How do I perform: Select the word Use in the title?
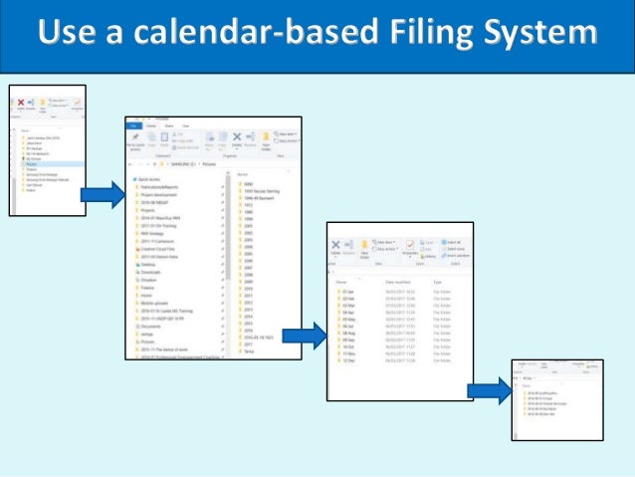click(69, 36)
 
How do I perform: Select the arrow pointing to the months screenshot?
click(304, 336)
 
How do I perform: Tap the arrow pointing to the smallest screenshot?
click(489, 391)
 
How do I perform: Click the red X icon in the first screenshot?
click(21, 103)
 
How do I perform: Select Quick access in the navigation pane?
click(149, 179)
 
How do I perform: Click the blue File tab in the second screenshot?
click(133, 125)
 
